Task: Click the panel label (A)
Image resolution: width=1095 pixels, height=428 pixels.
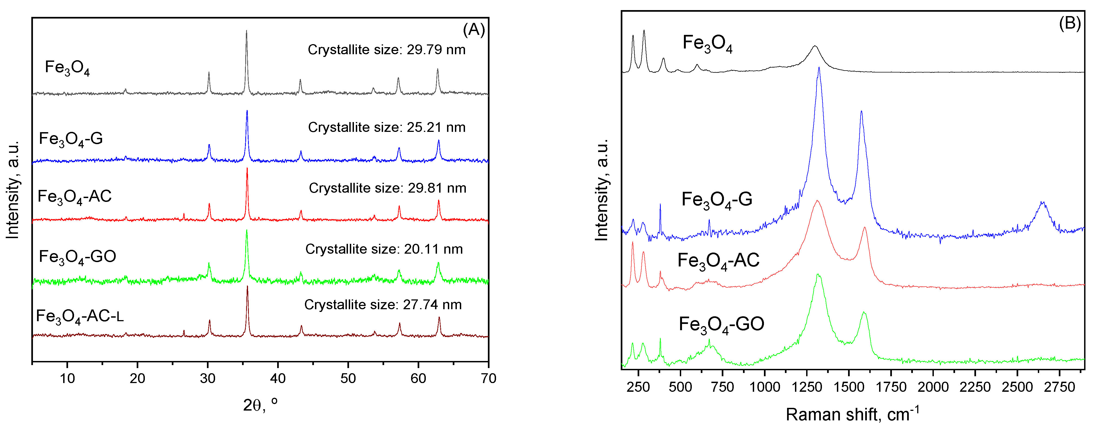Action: click(473, 30)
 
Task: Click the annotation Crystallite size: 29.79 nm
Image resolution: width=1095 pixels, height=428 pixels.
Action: click(386, 50)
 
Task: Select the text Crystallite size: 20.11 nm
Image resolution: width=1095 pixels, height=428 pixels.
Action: click(384, 249)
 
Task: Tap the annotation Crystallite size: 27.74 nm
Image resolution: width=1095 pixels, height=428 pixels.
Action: click(383, 305)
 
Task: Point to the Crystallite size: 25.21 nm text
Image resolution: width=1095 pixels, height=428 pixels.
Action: click(386, 127)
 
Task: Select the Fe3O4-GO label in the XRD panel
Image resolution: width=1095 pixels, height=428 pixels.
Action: click(77, 257)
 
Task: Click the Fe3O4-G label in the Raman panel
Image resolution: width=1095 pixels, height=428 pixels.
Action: click(717, 199)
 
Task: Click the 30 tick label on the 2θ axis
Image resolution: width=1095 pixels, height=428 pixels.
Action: click(207, 378)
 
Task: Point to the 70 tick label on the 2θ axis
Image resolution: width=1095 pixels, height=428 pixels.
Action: click(488, 378)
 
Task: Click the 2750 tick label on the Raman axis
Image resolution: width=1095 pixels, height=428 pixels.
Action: click(1059, 387)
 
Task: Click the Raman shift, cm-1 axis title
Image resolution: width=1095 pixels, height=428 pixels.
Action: click(852, 414)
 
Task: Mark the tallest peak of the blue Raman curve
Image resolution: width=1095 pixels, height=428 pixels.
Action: click(819, 68)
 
